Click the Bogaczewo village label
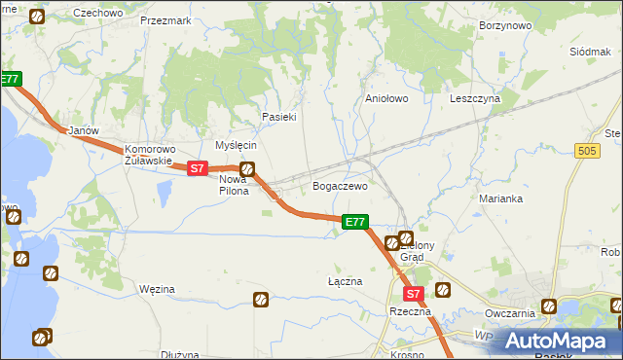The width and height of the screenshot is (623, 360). [339, 185]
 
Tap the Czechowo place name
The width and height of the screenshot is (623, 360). [97, 13]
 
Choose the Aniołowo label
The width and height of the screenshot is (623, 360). [385, 98]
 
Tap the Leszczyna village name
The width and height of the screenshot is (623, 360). [474, 98]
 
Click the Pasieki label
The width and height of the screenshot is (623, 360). [278, 117]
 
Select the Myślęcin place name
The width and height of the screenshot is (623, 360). [236, 144]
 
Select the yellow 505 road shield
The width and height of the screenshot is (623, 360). [586, 151]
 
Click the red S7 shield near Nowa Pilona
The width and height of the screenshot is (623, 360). [197, 168]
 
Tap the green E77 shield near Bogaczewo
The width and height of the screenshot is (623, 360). [355, 223]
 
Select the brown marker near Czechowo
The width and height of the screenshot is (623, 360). [37, 17]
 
